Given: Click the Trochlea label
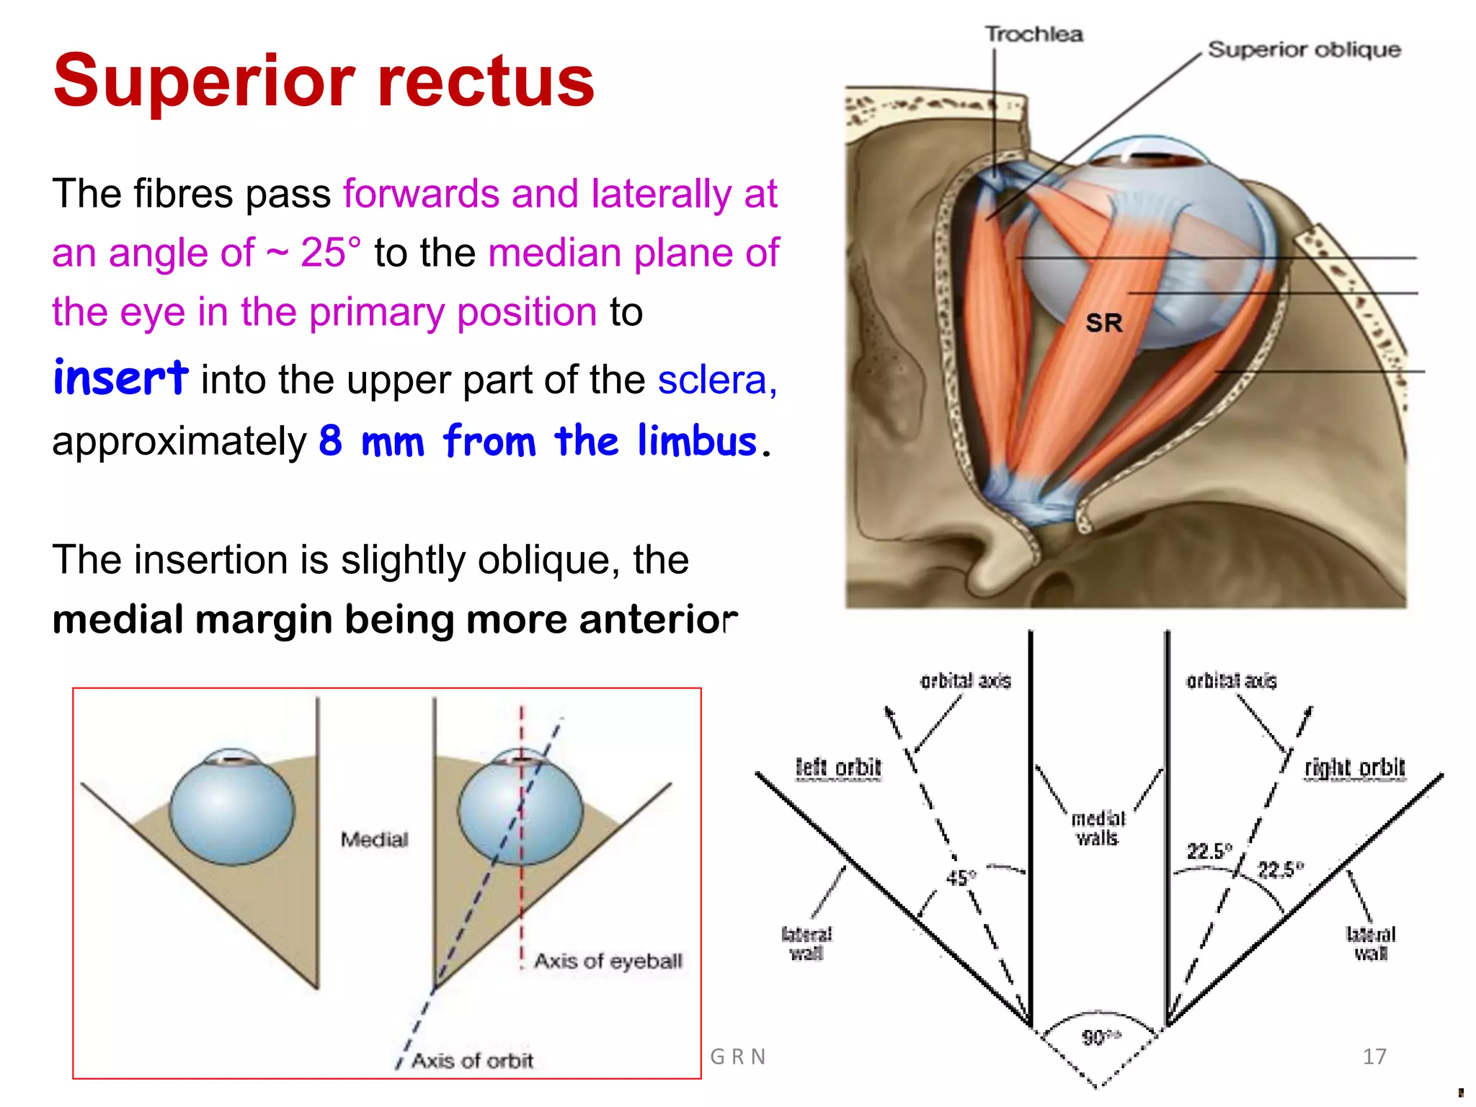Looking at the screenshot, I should tap(1033, 34).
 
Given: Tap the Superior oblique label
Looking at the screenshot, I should tap(1304, 50).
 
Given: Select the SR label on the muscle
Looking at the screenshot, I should tap(1103, 323).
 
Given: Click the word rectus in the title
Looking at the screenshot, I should tap(486, 81).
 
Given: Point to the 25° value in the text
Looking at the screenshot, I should tap(330, 253).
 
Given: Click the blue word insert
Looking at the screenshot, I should tap(120, 378).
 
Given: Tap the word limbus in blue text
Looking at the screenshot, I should tap(697, 441).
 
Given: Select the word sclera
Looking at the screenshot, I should tap(716, 380).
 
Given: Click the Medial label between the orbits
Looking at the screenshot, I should tap(374, 839).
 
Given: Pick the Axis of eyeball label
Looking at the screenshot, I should tap(608, 961).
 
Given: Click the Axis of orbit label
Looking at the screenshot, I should tap(472, 1060).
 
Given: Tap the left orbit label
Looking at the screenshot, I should tap(838, 768).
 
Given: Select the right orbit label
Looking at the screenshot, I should tap(1354, 768).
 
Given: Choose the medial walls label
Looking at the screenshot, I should tap(1098, 828).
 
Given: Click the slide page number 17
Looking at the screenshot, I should tap(1374, 1057).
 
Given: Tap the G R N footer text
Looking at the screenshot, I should tap(737, 1057).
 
